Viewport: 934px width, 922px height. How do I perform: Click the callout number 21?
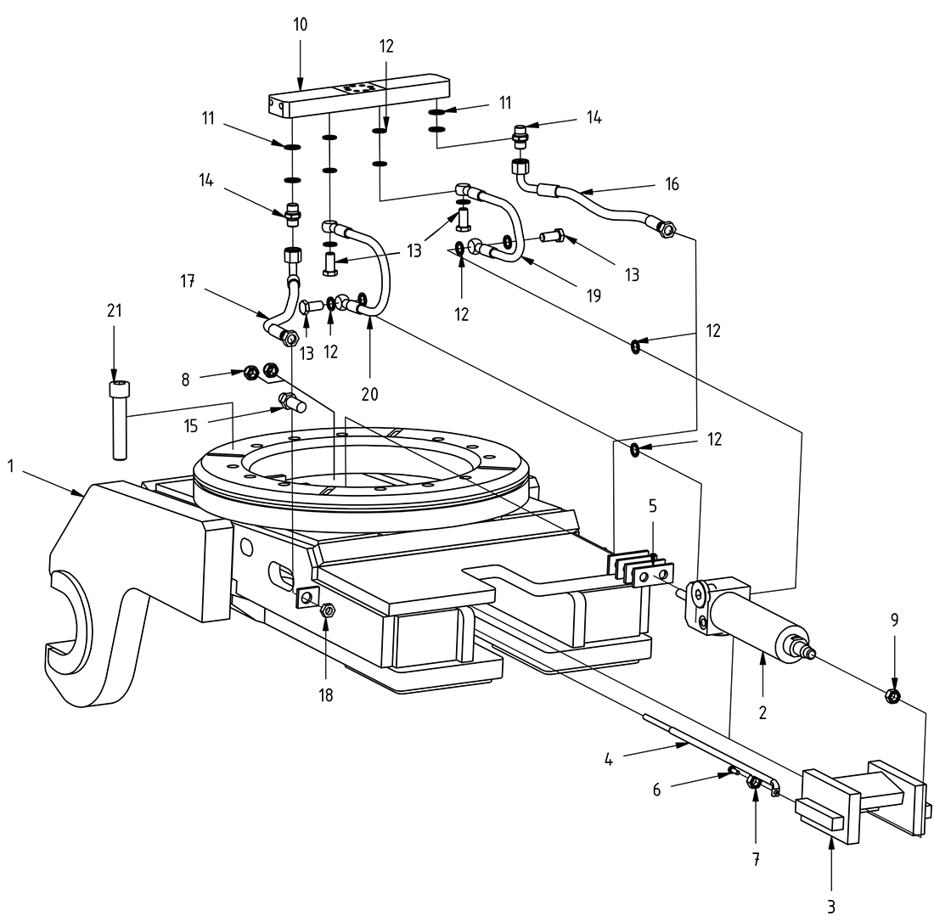pos(114,312)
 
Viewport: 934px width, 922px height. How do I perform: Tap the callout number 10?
pos(301,25)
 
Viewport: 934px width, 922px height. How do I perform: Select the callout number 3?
pos(831,905)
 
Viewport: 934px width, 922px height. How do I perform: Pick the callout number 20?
pos(369,394)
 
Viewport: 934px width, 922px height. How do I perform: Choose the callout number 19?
pos(593,295)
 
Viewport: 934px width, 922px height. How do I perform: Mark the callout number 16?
pos(673,184)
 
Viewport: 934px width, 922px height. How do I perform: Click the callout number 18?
pos(325,695)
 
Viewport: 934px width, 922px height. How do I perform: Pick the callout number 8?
pos(185,379)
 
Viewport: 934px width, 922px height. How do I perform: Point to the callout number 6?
pos(655,790)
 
